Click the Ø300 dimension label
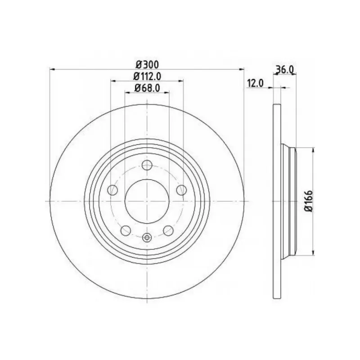(x=147, y=65)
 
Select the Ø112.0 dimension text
(x=147, y=76)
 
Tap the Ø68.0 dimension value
(x=147, y=88)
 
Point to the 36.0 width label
(x=285, y=69)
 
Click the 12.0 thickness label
(x=255, y=83)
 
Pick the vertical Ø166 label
(x=309, y=201)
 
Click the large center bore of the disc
(x=147, y=201)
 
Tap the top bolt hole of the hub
(x=147, y=165)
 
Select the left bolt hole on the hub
(x=113, y=190)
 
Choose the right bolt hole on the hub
(x=181, y=190)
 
